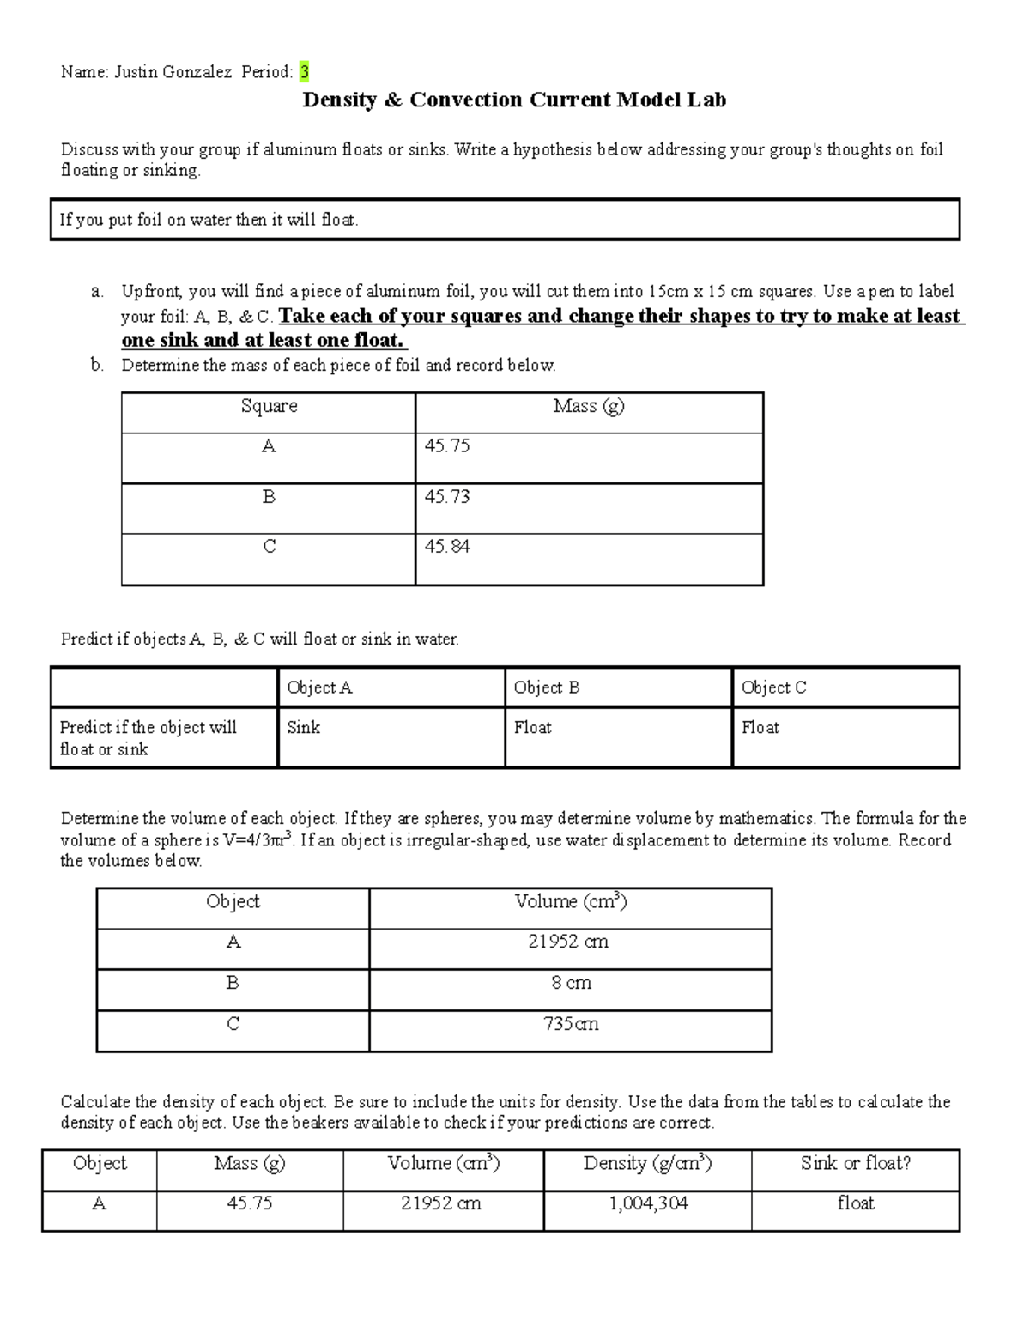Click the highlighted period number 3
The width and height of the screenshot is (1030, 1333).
tap(304, 72)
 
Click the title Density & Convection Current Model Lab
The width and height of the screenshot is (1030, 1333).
tap(514, 100)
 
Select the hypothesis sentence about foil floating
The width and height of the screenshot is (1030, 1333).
tap(209, 220)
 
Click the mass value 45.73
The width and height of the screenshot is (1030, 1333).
tap(447, 496)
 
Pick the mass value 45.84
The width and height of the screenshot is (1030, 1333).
tap(447, 546)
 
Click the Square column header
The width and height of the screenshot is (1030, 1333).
tap(269, 406)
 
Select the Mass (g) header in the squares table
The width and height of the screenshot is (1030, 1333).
tap(589, 406)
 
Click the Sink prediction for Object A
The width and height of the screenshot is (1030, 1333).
tap(303, 727)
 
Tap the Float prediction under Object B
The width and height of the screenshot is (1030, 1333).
tap(532, 727)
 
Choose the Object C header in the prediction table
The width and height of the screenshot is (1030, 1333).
tap(773, 688)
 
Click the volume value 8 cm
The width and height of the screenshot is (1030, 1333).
tap(571, 983)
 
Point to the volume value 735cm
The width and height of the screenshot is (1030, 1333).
tap(571, 1024)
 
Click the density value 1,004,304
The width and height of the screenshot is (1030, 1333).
tap(648, 1203)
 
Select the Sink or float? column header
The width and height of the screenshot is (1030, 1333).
tap(855, 1163)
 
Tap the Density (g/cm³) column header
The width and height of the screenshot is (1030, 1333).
tap(647, 1163)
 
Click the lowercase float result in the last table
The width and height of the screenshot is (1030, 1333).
tap(855, 1203)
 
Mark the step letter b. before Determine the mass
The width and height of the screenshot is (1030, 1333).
tap(97, 365)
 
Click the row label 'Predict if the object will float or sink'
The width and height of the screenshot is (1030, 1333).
tap(148, 738)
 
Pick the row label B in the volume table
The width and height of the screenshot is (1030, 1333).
tap(233, 983)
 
